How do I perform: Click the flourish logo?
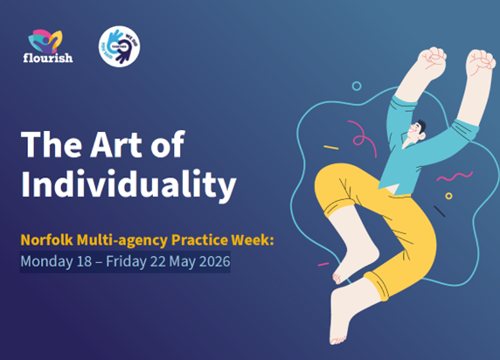(x=51, y=46)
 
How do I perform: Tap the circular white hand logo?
(x=119, y=46)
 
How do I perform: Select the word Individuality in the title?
(x=129, y=184)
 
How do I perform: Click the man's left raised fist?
(x=431, y=62)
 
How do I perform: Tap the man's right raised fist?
(x=481, y=62)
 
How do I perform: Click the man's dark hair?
(x=421, y=126)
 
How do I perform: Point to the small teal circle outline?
(x=356, y=86)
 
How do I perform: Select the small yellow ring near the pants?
(x=449, y=196)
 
